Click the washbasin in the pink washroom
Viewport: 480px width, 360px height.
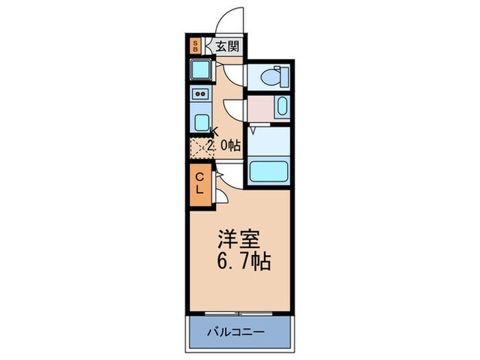(281, 106)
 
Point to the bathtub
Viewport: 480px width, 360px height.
(269, 171)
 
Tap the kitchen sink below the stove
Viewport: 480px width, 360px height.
(201, 121)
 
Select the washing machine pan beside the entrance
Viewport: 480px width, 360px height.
(201, 69)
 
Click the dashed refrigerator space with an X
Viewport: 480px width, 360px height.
(200, 147)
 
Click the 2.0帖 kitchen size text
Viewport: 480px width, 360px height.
(224, 145)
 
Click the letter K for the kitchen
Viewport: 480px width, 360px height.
(213, 132)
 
